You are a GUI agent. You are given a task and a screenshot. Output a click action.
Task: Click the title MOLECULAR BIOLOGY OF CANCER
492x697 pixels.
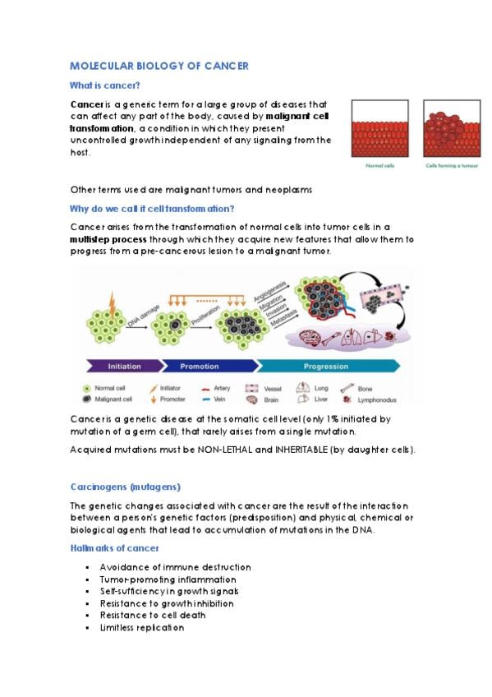pos(159,66)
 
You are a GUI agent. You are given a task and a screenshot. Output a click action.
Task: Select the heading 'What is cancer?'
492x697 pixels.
pos(105,85)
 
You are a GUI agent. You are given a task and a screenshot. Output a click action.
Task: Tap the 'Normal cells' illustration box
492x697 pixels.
pos(379,128)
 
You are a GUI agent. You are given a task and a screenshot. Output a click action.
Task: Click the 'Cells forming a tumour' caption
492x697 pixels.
pos(452,166)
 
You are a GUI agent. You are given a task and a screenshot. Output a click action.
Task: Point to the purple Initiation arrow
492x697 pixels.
pos(124,367)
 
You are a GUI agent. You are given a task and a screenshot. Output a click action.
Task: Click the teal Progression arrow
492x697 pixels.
pos(328,367)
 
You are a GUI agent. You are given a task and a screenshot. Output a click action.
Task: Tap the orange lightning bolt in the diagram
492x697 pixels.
pos(113,303)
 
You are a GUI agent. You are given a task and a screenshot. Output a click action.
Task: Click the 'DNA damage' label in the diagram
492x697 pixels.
pos(144,316)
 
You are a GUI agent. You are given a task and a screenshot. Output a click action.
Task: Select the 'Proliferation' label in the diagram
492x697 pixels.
pos(205,315)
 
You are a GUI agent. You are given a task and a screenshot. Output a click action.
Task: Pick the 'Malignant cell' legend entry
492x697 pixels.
pos(108,399)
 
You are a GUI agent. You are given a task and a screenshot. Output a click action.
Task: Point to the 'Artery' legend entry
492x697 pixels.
pos(216,388)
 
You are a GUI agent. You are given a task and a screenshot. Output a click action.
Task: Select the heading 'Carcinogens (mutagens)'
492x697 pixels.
pos(125,487)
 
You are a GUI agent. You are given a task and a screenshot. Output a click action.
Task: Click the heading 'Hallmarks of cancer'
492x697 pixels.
pos(114,548)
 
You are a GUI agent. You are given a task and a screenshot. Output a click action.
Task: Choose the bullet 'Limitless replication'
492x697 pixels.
pos(141,628)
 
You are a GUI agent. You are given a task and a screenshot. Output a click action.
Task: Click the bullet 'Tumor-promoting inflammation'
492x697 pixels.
pos(168,579)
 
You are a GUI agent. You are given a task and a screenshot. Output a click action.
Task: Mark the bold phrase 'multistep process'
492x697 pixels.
pos(108,239)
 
